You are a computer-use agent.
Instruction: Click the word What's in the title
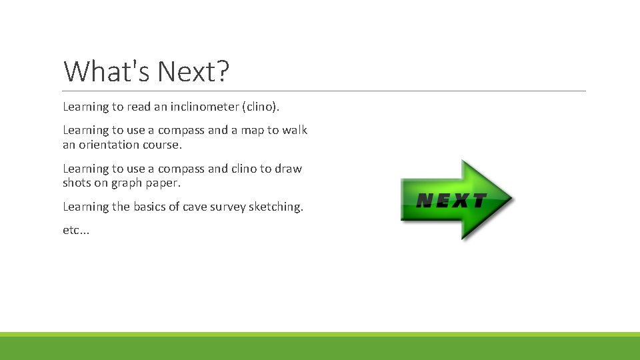[x=104, y=71]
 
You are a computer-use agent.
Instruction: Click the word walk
[x=295, y=130]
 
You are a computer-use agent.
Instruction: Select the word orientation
[x=111, y=145]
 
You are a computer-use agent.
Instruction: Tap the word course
[x=161, y=145]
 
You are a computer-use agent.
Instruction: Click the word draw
[x=288, y=169]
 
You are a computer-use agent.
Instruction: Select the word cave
[x=194, y=207]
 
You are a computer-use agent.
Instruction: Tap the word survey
[x=227, y=207]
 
